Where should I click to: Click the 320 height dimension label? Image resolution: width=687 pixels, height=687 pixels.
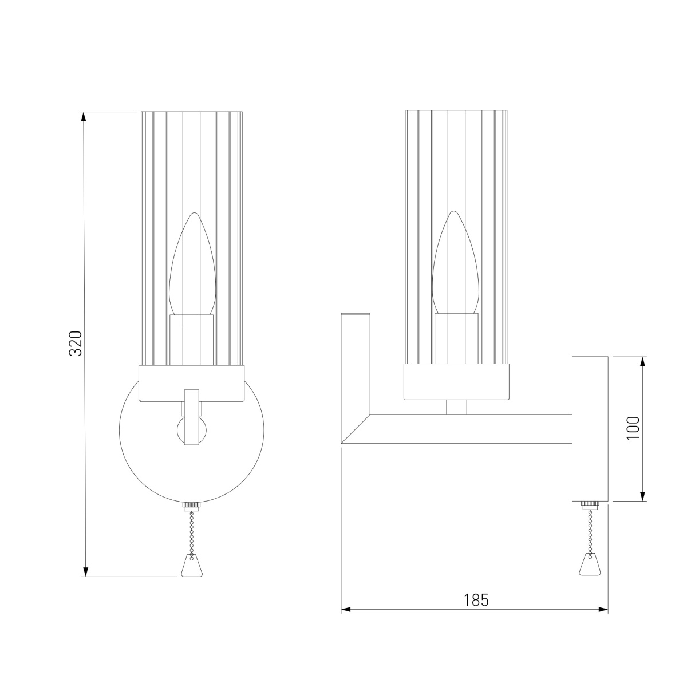tap(76, 343)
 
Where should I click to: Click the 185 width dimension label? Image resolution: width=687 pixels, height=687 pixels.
tap(476, 600)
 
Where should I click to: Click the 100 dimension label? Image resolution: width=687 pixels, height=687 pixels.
tap(633, 428)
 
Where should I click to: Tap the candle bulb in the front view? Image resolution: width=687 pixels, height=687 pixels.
tap(192, 264)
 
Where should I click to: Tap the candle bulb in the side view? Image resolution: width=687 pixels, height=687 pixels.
tap(455, 262)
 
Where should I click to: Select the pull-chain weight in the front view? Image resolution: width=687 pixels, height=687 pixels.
tap(192, 567)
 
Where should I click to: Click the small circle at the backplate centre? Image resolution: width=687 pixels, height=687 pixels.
tap(192, 431)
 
